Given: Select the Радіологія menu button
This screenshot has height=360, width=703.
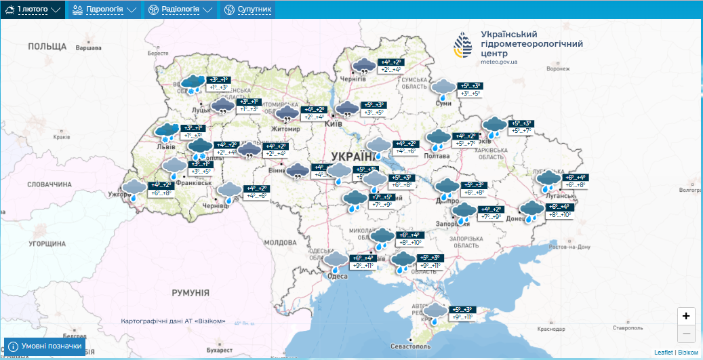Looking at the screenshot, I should point(180,9).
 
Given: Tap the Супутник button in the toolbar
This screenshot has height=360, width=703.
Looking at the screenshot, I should point(248,9).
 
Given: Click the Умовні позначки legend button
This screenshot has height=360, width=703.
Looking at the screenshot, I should point(45,346).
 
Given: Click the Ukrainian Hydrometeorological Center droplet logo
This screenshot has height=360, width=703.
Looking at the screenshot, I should point(464,45).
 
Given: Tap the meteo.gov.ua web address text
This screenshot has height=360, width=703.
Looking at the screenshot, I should point(499,62).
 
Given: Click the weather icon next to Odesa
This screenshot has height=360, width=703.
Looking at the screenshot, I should point(336,261).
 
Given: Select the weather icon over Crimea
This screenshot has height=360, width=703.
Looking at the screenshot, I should point(437,313).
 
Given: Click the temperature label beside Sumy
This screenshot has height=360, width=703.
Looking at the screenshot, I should point(470,89).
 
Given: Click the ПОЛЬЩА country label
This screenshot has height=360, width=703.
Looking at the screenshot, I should point(47,47).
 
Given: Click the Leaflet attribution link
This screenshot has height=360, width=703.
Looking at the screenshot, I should point(664,353).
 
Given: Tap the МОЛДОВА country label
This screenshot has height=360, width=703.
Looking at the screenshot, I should point(281,242).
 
